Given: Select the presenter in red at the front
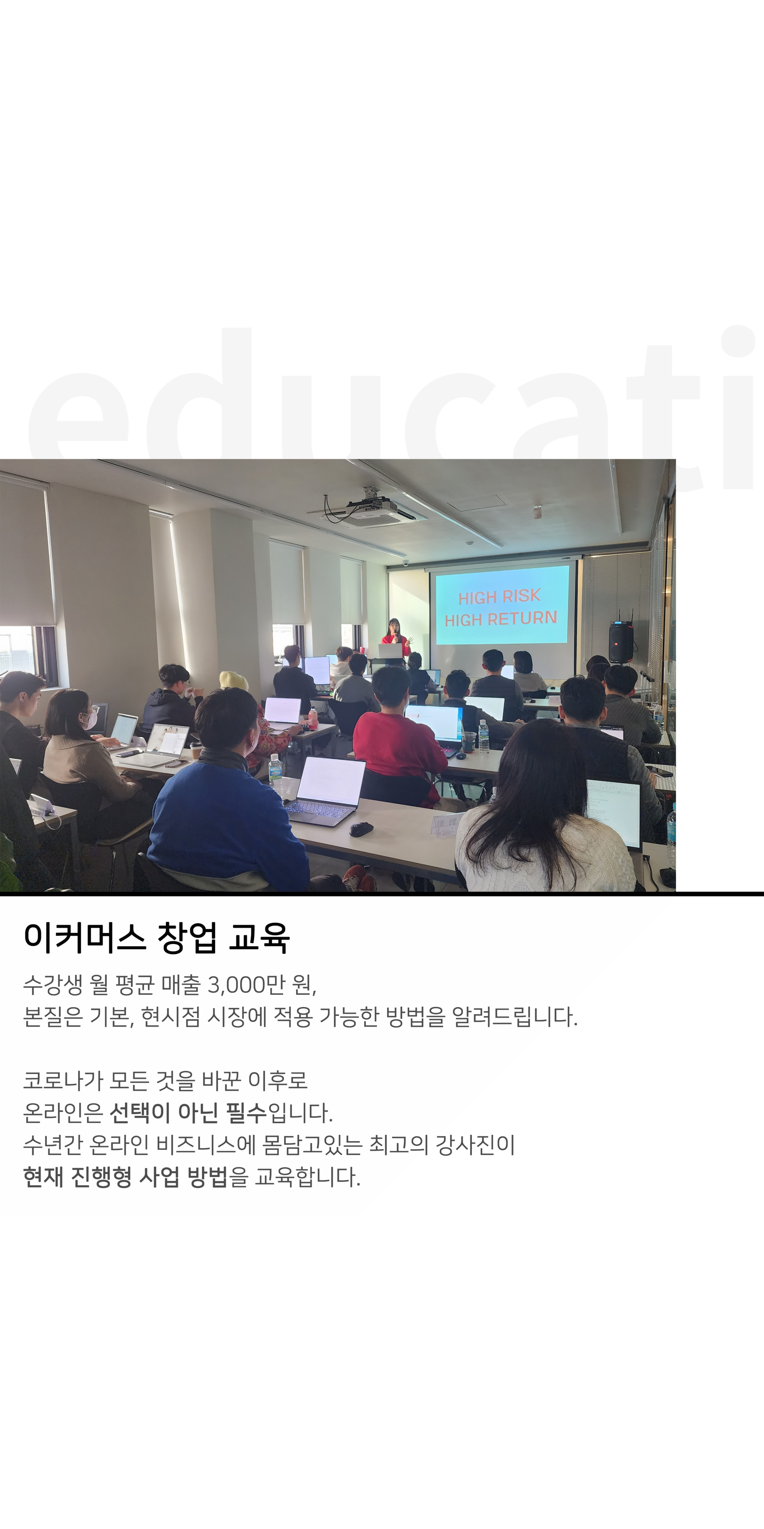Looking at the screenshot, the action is (x=396, y=637).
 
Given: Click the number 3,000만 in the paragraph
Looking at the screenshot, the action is (x=246, y=985).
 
